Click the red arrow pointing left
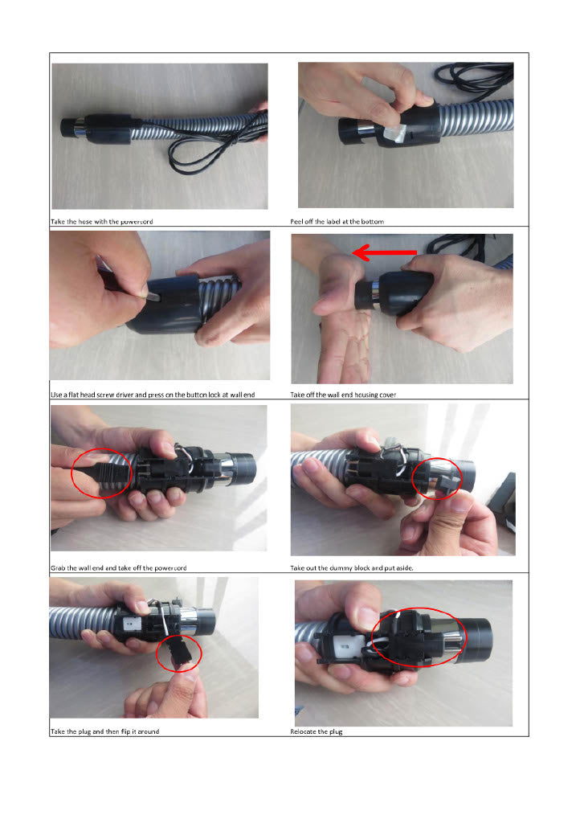[x=385, y=253]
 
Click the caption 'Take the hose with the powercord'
[x=102, y=222]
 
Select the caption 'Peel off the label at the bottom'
[x=337, y=222]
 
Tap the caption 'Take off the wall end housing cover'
[x=343, y=395]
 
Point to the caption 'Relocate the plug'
[x=317, y=731]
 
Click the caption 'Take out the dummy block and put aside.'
[x=352, y=568]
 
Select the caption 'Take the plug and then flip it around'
[x=105, y=731]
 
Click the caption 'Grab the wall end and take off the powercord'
[x=119, y=568]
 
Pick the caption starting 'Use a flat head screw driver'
[x=153, y=395]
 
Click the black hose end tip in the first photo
[x=68, y=128]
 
